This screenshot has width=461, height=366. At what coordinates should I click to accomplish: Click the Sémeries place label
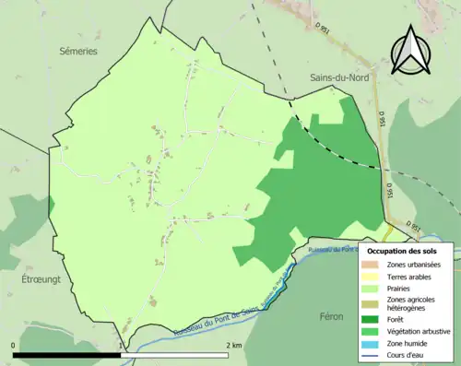[x=77, y=52]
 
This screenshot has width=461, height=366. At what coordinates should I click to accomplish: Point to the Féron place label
[x=331, y=315]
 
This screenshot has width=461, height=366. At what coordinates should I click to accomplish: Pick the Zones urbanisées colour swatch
[x=375, y=266]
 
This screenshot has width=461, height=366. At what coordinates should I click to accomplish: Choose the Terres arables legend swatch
[x=375, y=277]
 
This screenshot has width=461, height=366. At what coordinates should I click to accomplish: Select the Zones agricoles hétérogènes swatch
[x=375, y=303]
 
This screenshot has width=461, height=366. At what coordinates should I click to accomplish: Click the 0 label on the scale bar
[x=14, y=345]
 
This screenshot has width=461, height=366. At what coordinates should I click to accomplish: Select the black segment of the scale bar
[x=67, y=354]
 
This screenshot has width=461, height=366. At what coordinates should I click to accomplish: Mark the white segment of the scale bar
[x=174, y=354]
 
